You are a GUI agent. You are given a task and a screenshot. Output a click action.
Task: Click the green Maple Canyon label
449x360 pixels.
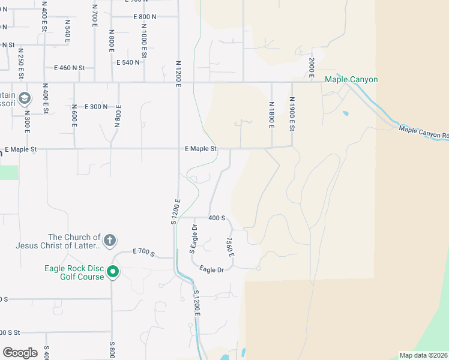pos(351,80)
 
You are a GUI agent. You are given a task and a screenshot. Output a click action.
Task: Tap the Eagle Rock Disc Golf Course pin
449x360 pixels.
pos(112,273)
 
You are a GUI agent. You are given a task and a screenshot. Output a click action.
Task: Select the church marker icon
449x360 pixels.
pos(109,241)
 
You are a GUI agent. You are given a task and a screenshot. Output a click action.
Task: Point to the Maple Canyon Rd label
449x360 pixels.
pos(423,132)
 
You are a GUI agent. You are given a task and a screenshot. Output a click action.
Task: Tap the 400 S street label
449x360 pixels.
pos(217,218)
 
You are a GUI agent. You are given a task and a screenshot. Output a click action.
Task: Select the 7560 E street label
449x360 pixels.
pos(230,248)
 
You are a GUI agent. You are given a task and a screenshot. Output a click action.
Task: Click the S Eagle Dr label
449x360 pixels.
pos(193,239)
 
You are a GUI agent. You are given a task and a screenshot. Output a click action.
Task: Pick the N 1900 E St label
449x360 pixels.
pos(292,113)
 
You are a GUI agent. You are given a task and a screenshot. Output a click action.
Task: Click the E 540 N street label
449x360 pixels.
pos(128,62)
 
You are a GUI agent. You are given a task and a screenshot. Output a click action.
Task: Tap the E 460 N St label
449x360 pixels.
pos(70,68)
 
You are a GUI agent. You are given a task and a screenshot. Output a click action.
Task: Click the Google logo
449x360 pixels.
pos(20,352)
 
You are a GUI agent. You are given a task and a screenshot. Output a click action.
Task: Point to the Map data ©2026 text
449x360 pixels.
pos(423,355)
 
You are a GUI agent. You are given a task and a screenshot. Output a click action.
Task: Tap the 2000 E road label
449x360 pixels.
pos(312,67)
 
